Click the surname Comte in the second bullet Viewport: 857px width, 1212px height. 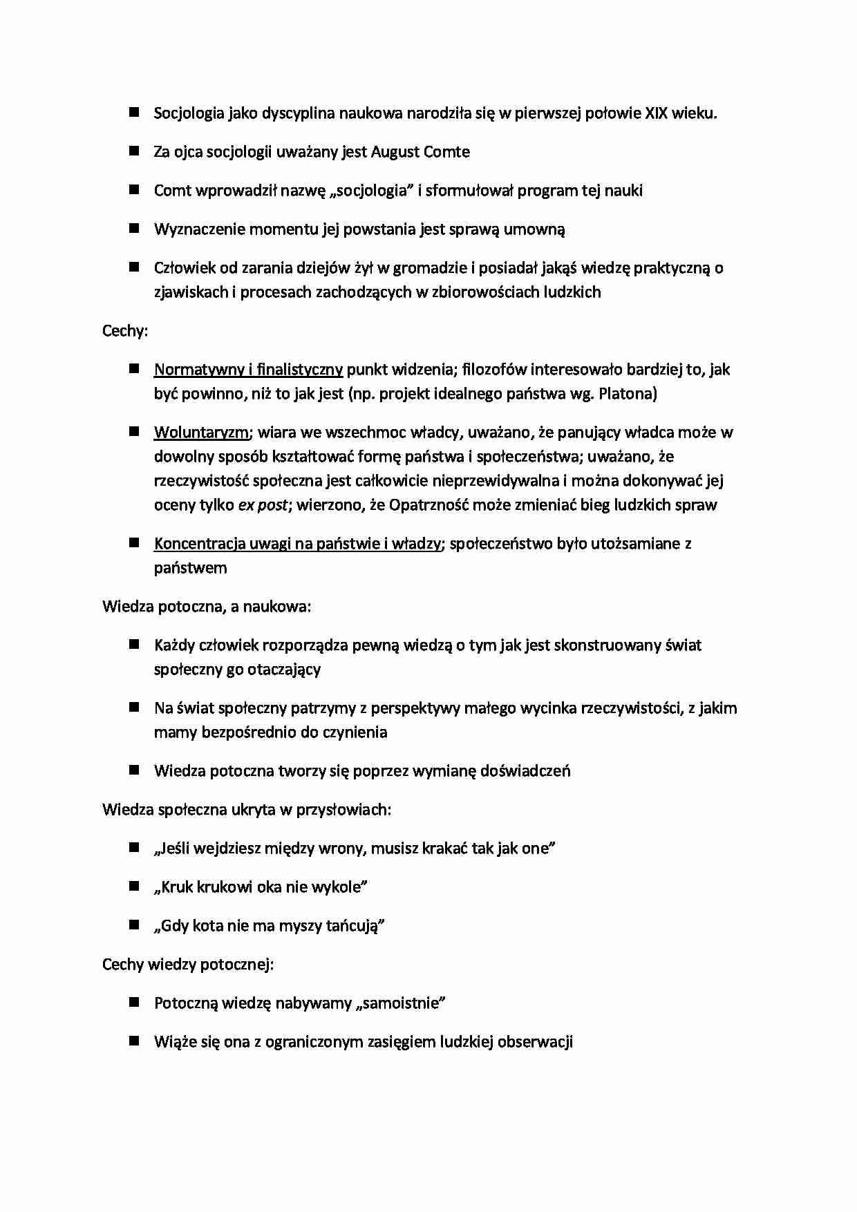(446, 152)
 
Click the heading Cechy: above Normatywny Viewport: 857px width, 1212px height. (125, 331)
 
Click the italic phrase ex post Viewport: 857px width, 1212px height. (262, 505)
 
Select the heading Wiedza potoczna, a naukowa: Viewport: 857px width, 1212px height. (207, 607)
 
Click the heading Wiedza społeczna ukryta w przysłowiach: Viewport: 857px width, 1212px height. (247, 809)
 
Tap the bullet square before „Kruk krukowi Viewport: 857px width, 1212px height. (134, 886)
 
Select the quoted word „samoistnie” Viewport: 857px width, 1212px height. (400, 1003)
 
